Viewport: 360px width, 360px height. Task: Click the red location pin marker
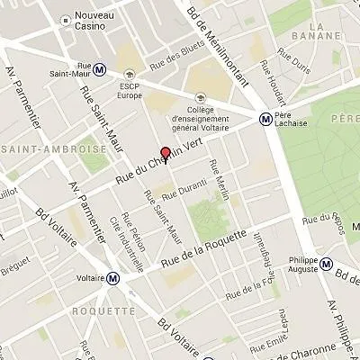[165, 152]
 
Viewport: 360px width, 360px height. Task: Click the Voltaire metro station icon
[112, 278]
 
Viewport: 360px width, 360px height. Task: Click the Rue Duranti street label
[185, 189]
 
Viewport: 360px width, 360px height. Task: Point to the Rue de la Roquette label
[202, 248]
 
